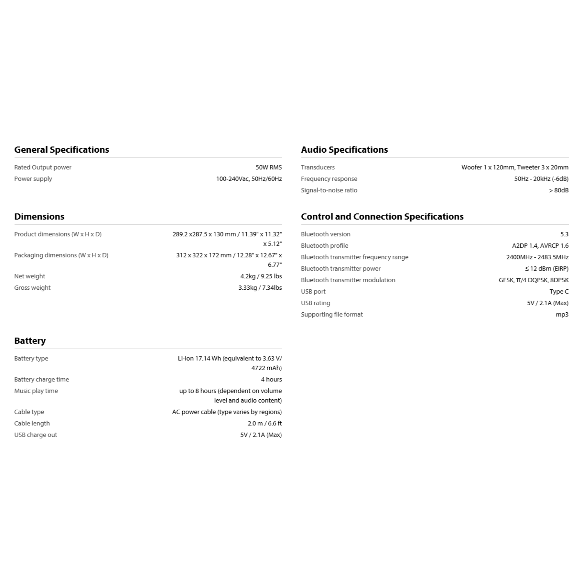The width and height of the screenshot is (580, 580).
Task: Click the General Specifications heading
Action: point(61,150)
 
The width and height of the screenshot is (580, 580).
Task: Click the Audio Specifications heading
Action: point(344,150)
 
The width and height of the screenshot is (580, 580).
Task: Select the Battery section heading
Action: point(30,341)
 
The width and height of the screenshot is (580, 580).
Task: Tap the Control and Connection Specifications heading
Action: point(382,216)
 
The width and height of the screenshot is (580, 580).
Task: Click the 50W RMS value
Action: point(268,167)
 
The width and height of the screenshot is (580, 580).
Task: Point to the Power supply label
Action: point(33,179)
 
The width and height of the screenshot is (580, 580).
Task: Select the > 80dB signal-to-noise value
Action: point(558,190)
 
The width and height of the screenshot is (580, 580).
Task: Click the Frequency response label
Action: point(329,179)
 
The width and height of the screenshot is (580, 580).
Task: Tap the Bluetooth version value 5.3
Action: point(564,234)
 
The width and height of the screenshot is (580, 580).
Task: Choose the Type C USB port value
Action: point(559,291)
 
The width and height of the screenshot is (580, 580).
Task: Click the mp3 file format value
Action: point(562,314)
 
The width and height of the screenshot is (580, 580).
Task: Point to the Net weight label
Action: point(29,276)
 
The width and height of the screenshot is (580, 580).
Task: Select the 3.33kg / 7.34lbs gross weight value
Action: point(260,288)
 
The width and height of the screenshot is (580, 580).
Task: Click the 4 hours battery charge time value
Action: point(271,379)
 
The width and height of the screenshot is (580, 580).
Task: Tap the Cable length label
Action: point(32,423)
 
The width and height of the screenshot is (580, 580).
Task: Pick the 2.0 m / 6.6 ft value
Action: point(265,423)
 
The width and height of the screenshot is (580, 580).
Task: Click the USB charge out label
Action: point(35,435)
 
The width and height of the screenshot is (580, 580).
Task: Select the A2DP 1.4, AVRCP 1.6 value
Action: point(540,246)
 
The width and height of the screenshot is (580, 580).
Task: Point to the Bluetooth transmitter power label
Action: point(340,268)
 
